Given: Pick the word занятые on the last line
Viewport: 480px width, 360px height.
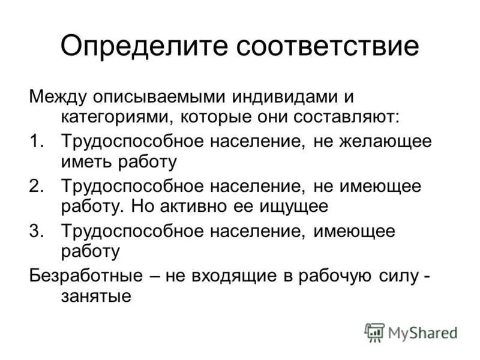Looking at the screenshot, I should tap(95, 296).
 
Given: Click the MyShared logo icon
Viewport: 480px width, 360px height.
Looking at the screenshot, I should tap(374, 332).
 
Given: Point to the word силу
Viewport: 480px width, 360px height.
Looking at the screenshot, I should tap(401, 276).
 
